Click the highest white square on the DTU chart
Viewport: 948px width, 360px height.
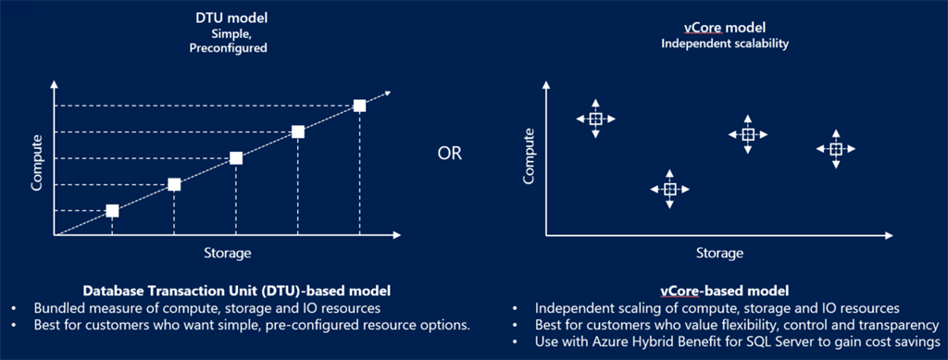pyautogui.click(x=360, y=106)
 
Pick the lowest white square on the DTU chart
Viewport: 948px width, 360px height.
pyautogui.click(x=112, y=211)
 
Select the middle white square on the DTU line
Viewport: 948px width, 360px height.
pyautogui.click(x=236, y=158)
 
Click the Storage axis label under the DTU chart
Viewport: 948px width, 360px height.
pyautogui.click(x=227, y=253)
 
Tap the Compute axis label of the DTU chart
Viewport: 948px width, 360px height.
pyautogui.click(x=37, y=163)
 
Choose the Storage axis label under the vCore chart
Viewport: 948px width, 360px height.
pyautogui.click(x=718, y=253)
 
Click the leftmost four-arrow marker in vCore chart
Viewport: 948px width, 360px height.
pyautogui.click(x=595, y=118)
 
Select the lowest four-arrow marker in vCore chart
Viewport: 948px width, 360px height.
pyautogui.click(x=669, y=189)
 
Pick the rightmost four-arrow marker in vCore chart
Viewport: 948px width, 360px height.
pyautogui.click(x=836, y=149)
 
